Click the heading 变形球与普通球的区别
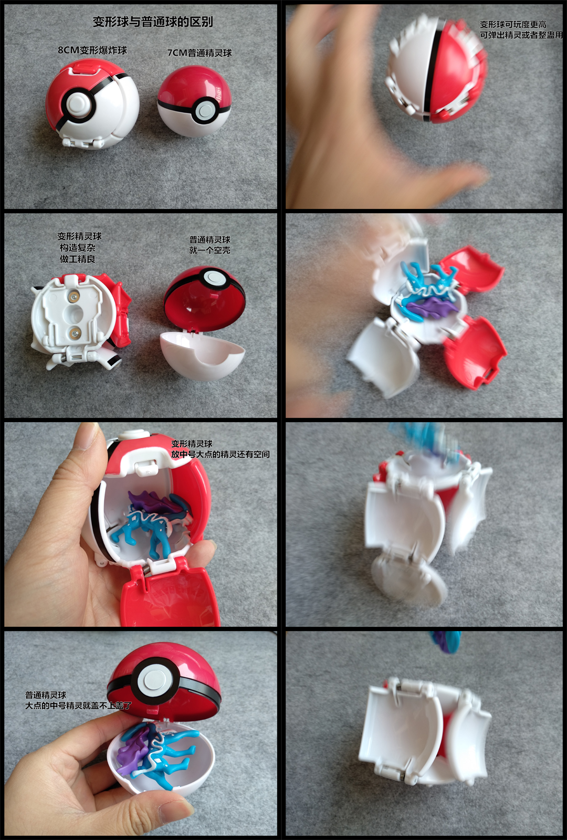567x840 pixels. coord(153,22)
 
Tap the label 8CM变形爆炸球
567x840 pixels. coord(92,50)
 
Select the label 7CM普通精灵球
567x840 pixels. coord(199,53)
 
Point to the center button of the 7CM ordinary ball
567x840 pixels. coord(205,111)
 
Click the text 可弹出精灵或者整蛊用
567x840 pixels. coord(521,35)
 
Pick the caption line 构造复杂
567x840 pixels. coord(78,247)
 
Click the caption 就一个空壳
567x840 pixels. coord(209,250)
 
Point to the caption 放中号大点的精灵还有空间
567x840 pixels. coord(220,455)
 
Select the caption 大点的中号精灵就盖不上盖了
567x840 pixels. coord(78,706)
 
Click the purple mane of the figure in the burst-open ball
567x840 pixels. coord(433,310)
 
